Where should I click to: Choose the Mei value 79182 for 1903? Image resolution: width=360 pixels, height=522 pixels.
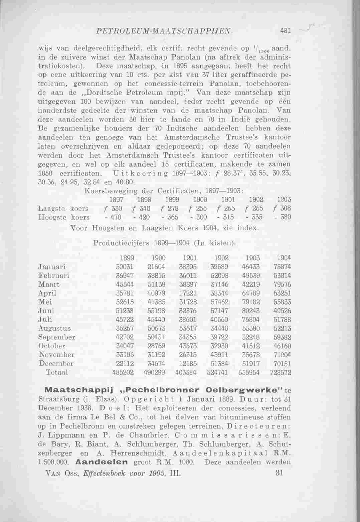[251, 302]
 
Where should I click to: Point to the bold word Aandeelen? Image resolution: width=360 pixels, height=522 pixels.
[102, 463]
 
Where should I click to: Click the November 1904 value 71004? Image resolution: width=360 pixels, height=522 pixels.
[282, 355]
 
